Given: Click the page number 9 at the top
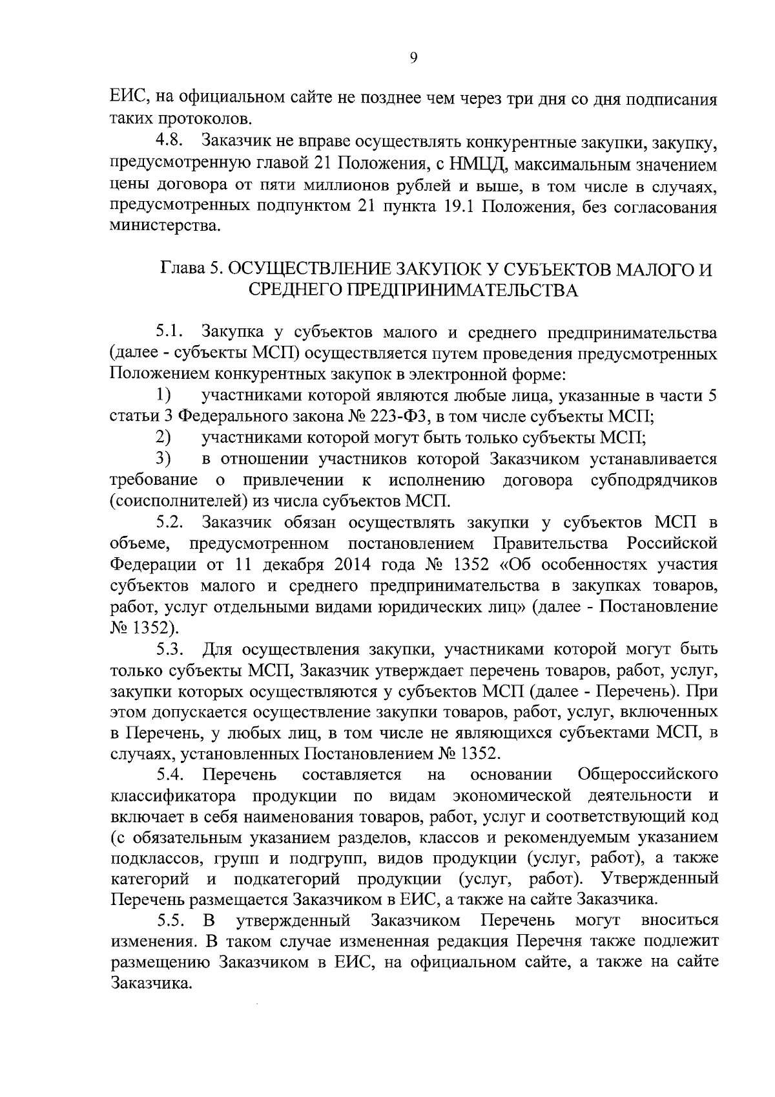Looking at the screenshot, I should coord(414,58).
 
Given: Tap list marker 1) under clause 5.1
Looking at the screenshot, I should coord(163,395).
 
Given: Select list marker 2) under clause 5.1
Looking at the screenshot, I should coord(163,438).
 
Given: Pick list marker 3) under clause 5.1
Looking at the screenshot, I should coord(163,459).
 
